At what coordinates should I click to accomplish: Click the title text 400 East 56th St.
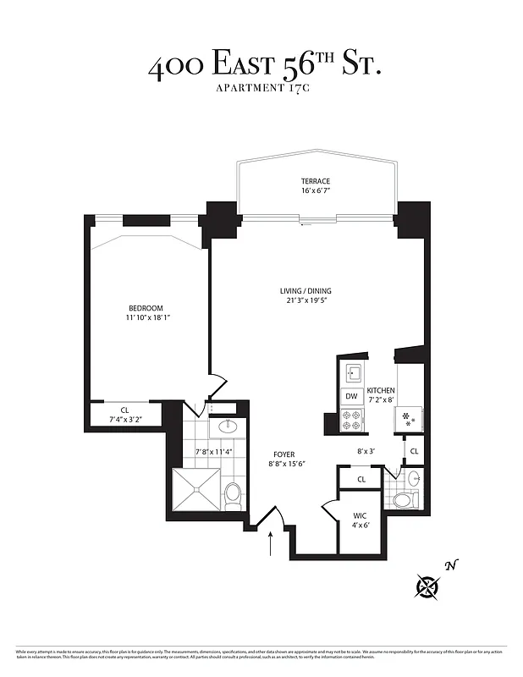(x=265, y=67)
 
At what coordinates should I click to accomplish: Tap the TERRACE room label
(x=315, y=181)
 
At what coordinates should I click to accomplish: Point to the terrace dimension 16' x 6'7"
(x=315, y=191)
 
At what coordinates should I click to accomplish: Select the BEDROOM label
(x=146, y=308)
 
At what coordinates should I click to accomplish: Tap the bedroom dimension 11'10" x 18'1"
(x=146, y=318)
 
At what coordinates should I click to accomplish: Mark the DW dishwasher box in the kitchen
(x=351, y=396)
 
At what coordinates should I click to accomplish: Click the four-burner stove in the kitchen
(x=351, y=417)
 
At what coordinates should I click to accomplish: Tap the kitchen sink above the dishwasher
(x=352, y=372)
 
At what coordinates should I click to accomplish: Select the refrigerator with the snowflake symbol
(x=410, y=417)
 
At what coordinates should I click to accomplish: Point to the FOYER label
(x=284, y=454)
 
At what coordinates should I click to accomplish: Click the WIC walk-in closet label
(x=359, y=515)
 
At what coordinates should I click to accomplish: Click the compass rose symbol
(x=429, y=585)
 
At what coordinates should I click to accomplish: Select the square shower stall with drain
(x=197, y=489)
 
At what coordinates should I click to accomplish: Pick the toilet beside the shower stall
(x=234, y=493)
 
